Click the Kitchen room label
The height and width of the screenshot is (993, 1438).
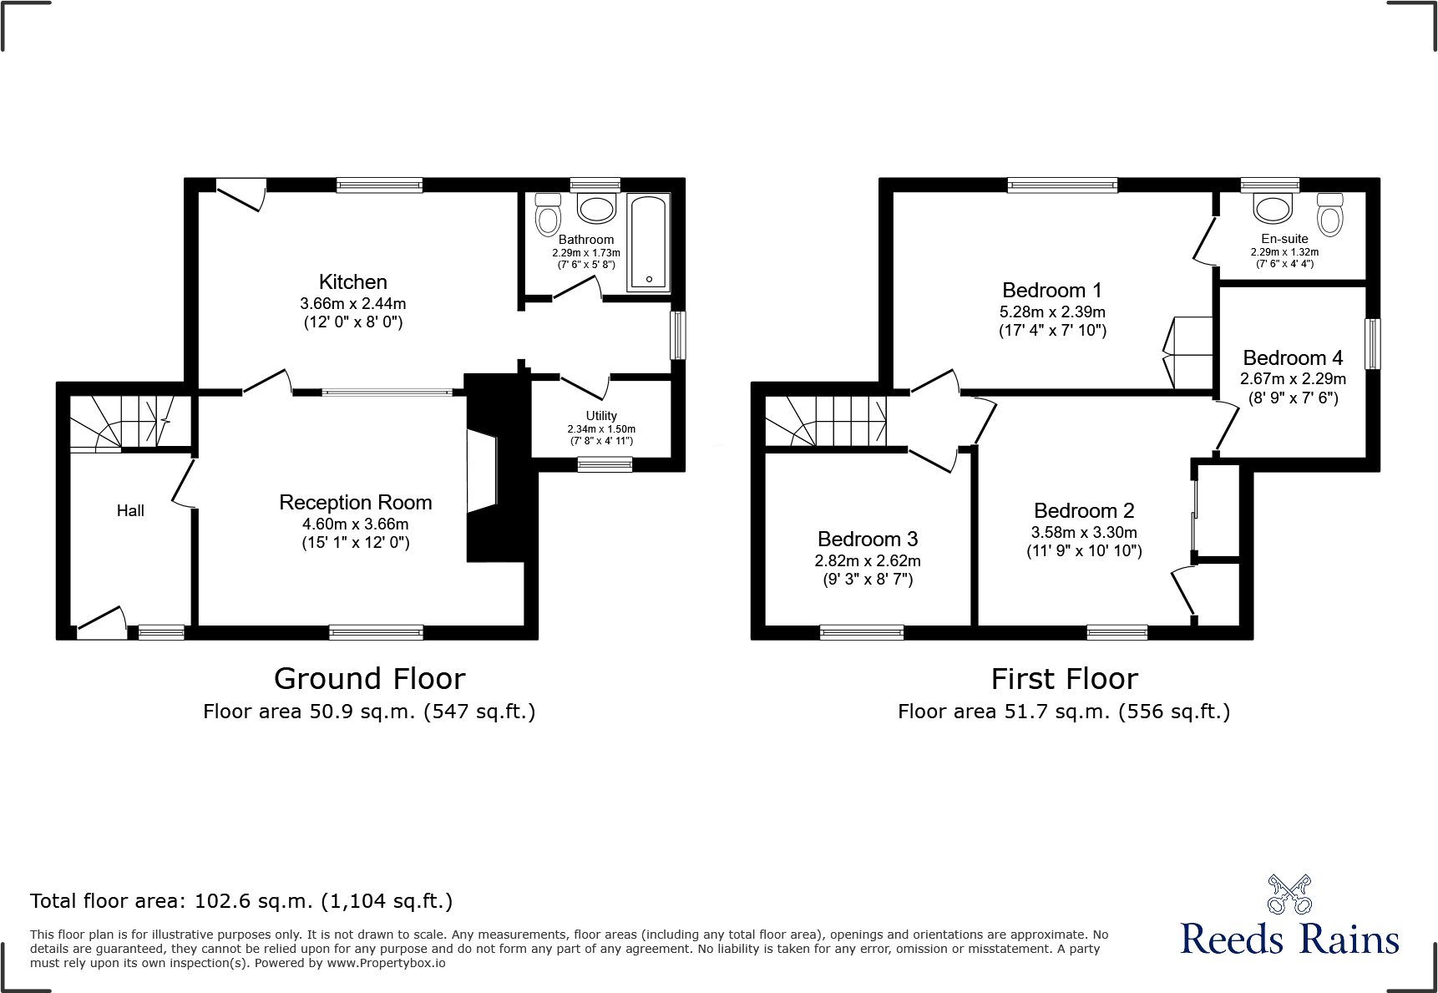[x=352, y=282]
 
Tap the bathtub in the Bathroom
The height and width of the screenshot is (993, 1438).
[x=649, y=242]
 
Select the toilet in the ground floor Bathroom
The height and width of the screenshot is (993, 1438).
[x=548, y=215]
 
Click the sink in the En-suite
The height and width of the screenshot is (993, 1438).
[x=1273, y=208]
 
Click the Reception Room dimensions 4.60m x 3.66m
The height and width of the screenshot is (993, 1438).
[x=355, y=524]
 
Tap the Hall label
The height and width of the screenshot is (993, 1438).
[x=130, y=511]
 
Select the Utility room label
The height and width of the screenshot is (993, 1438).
[x=601, y=416]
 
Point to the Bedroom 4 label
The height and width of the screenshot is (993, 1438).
[x=1293, y=358]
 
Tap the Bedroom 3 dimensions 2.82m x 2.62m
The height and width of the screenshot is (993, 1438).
[x=868, y=561]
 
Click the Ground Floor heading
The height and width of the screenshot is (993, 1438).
[x=369, y=679]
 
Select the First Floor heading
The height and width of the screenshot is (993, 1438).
[x=1064, y=679]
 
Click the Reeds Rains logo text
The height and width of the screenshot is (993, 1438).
[x=1289, y=940]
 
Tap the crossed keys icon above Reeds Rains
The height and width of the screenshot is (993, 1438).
[x=1289, y=894]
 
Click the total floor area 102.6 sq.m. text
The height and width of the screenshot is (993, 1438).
[x=241, y=901]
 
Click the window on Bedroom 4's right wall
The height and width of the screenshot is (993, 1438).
[x=1372, y=343]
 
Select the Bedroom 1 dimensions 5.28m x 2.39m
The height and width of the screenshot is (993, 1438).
[x=1052, y=312]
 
